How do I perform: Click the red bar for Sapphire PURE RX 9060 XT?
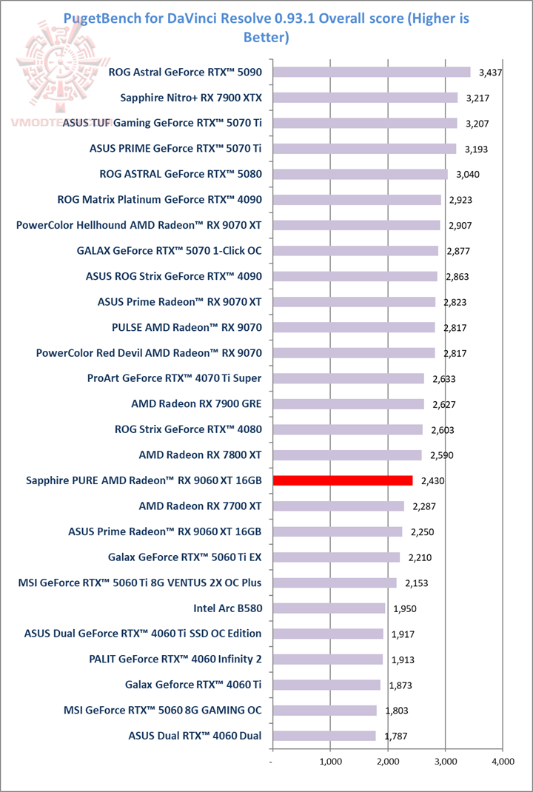[343, 480]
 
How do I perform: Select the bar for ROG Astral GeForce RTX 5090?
[372, 72]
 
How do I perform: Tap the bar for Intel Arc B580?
[329, 608]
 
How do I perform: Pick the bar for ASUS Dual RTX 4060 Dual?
[324, 736]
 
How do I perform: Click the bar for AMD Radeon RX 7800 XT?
[347, 455]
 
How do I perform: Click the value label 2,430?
[433, 481]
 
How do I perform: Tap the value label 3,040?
[468, 175]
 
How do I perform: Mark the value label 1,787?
[395, 736]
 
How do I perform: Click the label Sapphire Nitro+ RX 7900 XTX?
[196, 97]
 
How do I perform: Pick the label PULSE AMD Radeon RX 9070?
[187, 327]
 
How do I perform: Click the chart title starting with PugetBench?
[266, 27]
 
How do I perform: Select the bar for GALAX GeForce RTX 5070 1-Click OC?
[355, 251]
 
